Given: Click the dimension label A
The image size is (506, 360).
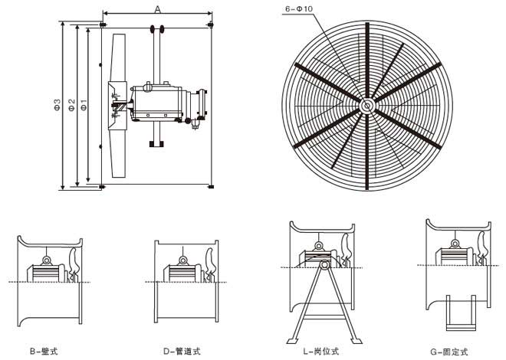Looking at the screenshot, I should [x=157, y=8].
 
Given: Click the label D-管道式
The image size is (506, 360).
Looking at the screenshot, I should [x=181, y=351].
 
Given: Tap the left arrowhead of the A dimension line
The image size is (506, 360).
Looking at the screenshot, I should [x=105, y=14].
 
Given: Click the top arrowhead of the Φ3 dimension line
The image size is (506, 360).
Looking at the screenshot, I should [x=62, y=25].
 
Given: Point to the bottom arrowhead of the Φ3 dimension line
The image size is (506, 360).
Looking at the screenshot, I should [x=62, y=186].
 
